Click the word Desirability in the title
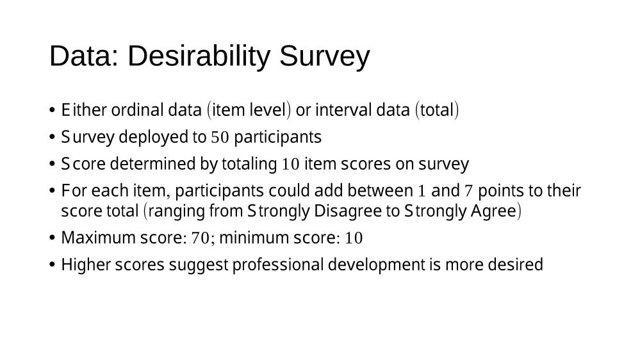coord(199,56)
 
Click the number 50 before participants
coord(220,137)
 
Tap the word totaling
coord(249,164)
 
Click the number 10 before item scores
coord(291,164)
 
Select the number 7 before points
coord(468,191)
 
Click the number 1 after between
coord(422,191)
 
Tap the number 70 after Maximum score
coord(201,238)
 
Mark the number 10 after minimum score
coord(354,238)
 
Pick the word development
coord(376,265)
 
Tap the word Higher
coord(86,265)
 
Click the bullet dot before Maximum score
coord(52,238)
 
